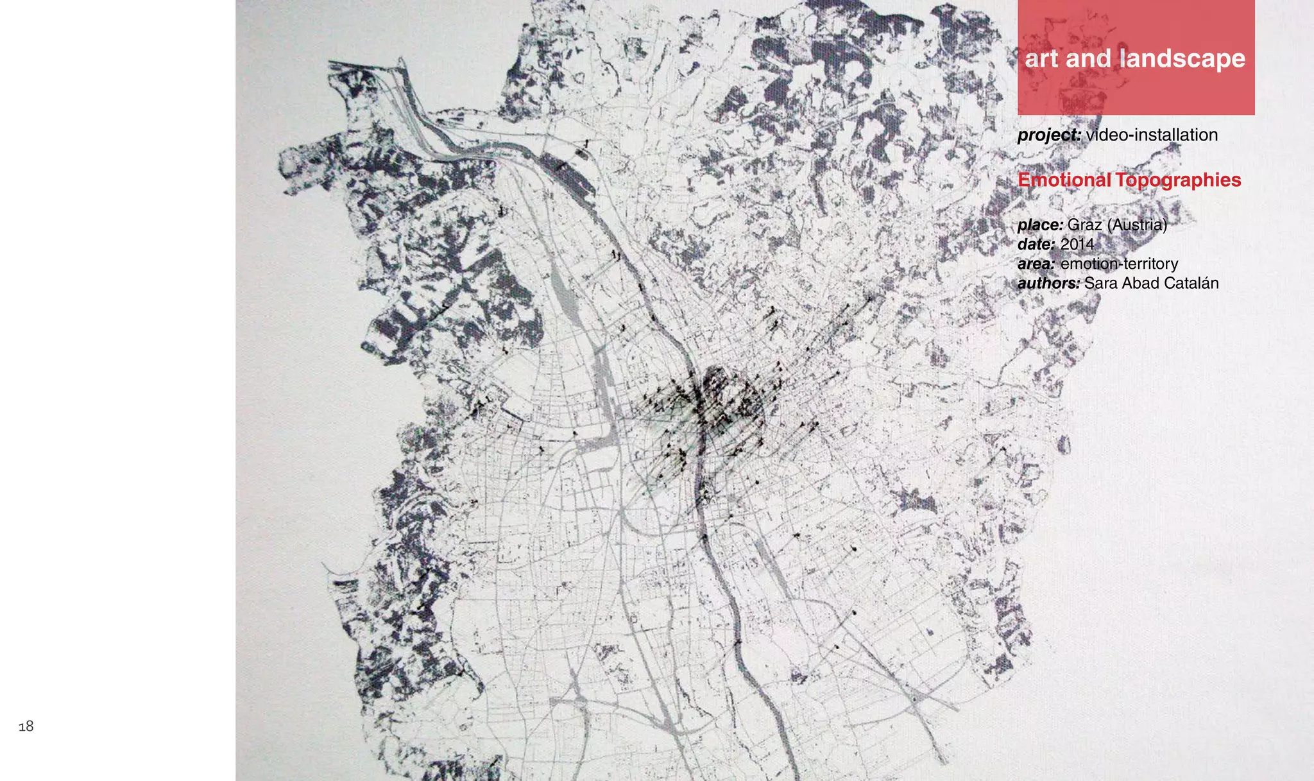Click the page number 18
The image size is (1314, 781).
[x=26, y=726]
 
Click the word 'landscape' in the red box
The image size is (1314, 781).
[x=1182, y=59]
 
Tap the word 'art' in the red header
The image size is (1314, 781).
[x=1041, y=59]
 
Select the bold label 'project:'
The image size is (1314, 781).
[x=1049, y=135]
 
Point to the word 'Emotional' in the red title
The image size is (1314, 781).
[x=1064, y=180]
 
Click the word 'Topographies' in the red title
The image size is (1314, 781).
[x=1178, y=180]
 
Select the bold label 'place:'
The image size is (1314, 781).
[x=1040, y=225]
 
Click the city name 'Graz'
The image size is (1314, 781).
[x=1084, y=225]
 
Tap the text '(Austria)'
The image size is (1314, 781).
[x=1137, y=225]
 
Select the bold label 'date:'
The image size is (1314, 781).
[x=1036, y=245]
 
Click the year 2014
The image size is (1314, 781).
[x=1077, y=245]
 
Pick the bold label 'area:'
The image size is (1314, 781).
[x=1036, y=264]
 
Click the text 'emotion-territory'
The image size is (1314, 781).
[x=1119, y=264]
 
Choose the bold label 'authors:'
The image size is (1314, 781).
[x=1048, y=284]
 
